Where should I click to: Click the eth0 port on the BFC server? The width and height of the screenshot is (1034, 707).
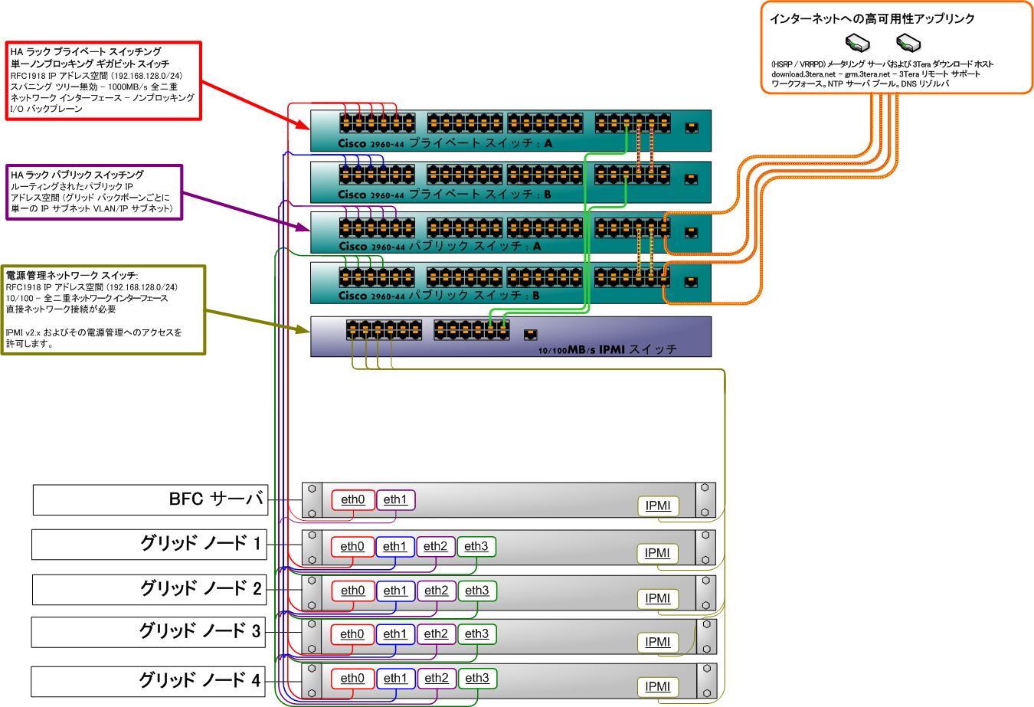(353, 500)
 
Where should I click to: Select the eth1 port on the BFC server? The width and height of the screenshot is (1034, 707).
(395, 500)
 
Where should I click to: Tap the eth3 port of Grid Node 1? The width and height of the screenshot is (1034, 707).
(476, 546)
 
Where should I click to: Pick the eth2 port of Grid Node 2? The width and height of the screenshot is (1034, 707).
(437, 591)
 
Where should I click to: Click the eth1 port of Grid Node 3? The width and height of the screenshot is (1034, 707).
(395, 634)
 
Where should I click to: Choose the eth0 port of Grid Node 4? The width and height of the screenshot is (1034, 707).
(352, 679)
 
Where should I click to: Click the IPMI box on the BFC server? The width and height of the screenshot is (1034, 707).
(658, 506)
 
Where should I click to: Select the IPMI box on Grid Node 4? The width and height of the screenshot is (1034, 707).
(658, 686)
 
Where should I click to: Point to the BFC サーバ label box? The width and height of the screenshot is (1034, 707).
(150, 499)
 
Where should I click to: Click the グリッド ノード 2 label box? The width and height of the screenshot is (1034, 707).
(149, 589)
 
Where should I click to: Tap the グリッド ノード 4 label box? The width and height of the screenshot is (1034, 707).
(148, 681)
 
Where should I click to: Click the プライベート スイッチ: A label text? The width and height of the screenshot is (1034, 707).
(480, 143)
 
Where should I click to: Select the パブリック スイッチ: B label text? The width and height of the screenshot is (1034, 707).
(474, 296)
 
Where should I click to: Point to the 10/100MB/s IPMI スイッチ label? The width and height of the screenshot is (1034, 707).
(607, 350)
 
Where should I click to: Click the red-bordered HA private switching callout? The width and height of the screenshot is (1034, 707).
(103, 80)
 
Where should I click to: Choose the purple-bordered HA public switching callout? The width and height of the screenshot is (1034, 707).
(94, 191)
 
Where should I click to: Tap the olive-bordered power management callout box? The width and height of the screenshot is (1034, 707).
(103, 309)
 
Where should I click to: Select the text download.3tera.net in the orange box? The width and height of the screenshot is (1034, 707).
(803, 74)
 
